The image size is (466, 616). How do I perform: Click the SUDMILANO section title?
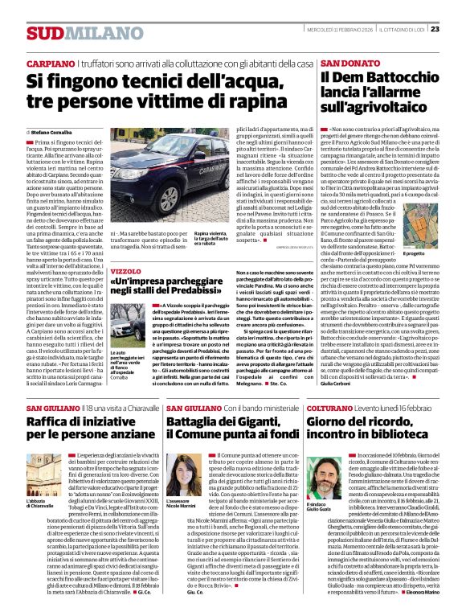click(72, 33)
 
